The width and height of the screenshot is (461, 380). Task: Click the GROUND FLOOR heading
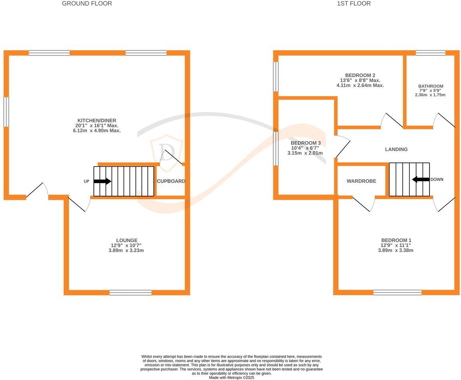click(x=87, y=4)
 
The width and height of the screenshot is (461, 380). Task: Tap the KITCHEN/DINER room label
click(x=97, y=121)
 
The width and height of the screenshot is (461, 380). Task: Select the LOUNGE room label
click(x=127, y=241)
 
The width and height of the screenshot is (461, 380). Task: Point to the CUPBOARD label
click(x=171, y=181)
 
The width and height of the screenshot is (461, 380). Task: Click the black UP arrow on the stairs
click(x=102, y=181)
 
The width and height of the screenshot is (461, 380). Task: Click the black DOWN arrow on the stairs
click(x=421, y=180)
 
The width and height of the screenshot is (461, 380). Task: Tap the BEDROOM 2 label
click(x=360, y=76)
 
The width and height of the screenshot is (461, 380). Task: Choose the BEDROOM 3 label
click(x=306, y=143)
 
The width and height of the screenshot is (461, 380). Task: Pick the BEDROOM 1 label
click(x=396, y=241)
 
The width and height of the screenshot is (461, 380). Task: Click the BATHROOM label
click(x=431, y=86)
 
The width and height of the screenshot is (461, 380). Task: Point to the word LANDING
click(x=396, y=149)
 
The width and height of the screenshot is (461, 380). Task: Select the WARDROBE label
click(x=361, y=181)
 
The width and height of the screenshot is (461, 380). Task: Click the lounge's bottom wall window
click(x=131, y=292)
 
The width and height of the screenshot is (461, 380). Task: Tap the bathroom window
click(x=430, y=53)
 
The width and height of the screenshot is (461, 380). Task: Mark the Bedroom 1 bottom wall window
click(x=397, y=292)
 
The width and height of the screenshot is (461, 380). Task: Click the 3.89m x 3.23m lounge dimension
click(x=127, y=251)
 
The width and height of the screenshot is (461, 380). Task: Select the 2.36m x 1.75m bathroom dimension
click(x=431, y=95)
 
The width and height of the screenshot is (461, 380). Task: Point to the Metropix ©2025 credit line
click(x=231, y=377)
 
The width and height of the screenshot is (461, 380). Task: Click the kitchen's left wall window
click(x=6, y=112)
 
